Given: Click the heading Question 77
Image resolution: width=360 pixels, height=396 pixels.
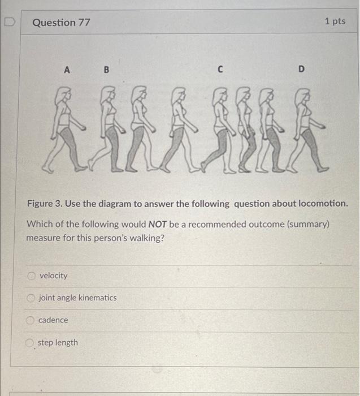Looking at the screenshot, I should [x=61, y=23].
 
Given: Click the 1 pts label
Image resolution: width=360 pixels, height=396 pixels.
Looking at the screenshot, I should [x=335, y=21].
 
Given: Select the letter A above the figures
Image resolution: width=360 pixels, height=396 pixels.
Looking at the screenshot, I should [x=67, y=70].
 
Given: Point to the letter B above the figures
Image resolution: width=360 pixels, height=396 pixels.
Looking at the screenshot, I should [x=106, y=70].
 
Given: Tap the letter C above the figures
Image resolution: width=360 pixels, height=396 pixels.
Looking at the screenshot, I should [x=220, y=70].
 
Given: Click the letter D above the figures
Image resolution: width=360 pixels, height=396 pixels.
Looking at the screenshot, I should [x=301, y=70].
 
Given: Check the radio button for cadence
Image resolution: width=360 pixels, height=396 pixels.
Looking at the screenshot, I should [x=31, y=320].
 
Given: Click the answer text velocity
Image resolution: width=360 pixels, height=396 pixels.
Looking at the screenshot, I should [x=53, y=276].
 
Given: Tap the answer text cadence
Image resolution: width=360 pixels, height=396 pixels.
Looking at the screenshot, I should [x=53, y=320].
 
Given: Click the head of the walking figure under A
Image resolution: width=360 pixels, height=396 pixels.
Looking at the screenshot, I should [x=64, y=93].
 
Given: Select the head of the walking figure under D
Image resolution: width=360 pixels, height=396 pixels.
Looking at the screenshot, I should [x=305, y=93].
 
